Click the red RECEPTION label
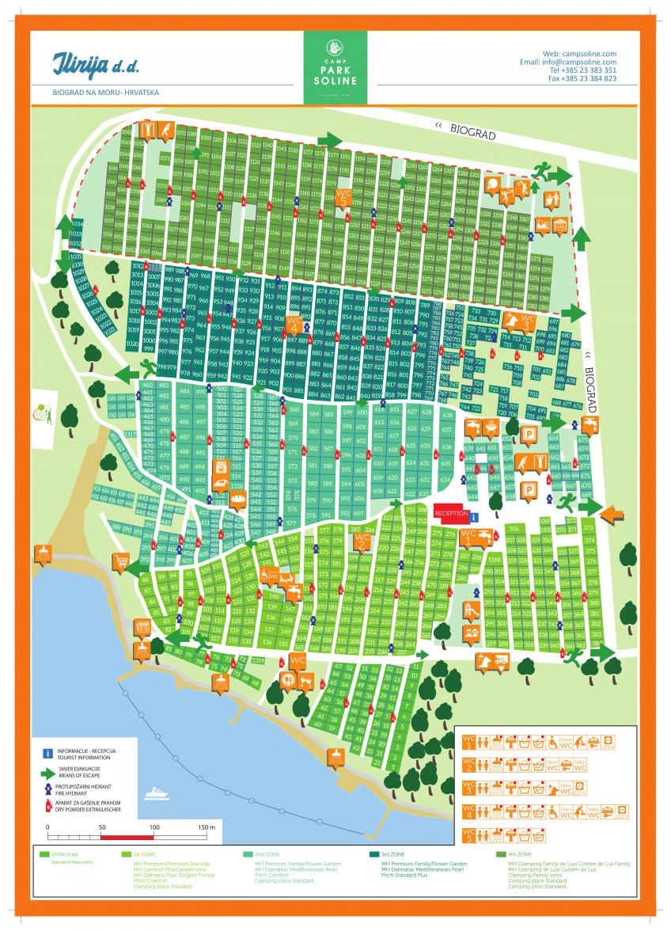[452, 513]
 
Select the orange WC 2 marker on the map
[362, 541]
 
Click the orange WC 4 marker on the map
[294, 325]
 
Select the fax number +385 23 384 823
[582, 79]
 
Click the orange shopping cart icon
[120, 562]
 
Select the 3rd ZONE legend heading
[392, 855]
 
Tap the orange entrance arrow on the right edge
[611, 515]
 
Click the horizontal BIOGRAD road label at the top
[472, 131]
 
